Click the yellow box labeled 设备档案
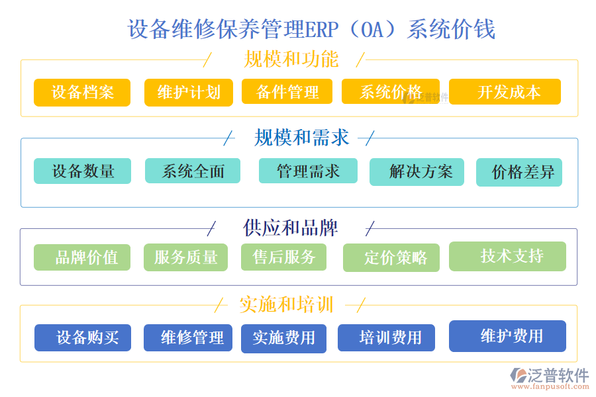82,93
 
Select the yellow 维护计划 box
189,93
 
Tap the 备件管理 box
287,92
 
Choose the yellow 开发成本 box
505,92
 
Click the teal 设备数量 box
83,171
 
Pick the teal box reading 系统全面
193,171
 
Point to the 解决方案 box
417,172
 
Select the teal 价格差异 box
519,173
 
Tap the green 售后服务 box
284,257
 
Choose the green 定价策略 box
391,258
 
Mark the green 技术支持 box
507,256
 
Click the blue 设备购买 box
83,337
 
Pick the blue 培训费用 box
386,338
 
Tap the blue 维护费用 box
507,336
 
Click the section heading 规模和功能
291,60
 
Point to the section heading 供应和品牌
291,228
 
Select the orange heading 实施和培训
286,305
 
